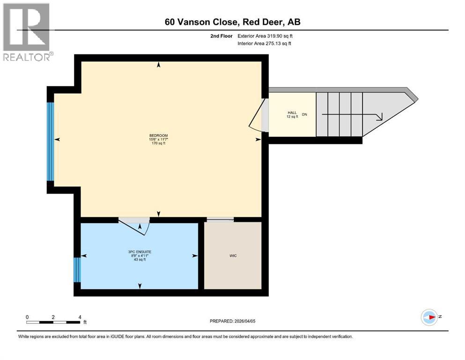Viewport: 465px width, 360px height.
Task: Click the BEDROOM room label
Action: pyautogui.click(x=158, y=135)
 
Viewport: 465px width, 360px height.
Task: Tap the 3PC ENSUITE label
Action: pyautogui.click(x=140, y=252)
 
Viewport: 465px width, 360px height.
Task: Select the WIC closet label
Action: pyautogui.click(x=233, y=256)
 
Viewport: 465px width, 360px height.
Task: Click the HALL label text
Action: pyautogui.click(x=292, y=113)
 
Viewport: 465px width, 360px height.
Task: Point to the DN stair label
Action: pyautogui.click(x=304, y=114)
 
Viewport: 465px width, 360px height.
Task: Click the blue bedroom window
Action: pyautogui.click(x=51, y=142)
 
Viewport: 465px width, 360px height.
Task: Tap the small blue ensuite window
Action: pyautogui.click(x=77, y=270)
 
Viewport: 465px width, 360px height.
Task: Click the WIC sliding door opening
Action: pyautogui.click(x=220, y=220)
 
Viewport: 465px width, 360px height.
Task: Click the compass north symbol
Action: pyautogui.click(x=429, y=317)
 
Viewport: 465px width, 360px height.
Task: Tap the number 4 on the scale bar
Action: pyautogui.click(x=80, y=317)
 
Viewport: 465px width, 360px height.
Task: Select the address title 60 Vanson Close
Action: pyautogui.click(x=201, y=22)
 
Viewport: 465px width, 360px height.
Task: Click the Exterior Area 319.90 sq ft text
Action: pyautogui.click(x=265, y=36)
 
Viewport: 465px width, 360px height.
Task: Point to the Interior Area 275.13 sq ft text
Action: pyautogui.click(x=264, y=43)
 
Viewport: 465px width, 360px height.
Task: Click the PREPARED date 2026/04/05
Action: pyautogui.click(x=232, y=321)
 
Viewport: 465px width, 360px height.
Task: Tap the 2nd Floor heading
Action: pyautogui.click(x=221, y=36)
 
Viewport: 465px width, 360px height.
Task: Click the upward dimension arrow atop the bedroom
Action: pyautogui.click(x=159, y=65)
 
